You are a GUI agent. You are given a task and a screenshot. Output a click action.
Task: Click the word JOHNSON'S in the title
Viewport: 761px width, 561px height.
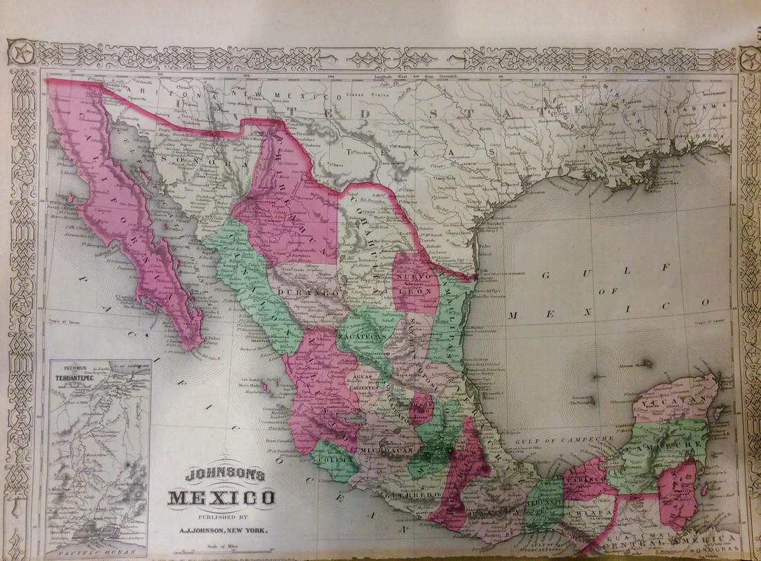[x=221, y=477]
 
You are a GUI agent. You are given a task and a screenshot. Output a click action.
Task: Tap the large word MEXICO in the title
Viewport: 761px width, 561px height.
[x=221, y=497]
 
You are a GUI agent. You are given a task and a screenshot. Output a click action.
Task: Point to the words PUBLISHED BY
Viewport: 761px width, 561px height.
[x=222, y=515]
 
